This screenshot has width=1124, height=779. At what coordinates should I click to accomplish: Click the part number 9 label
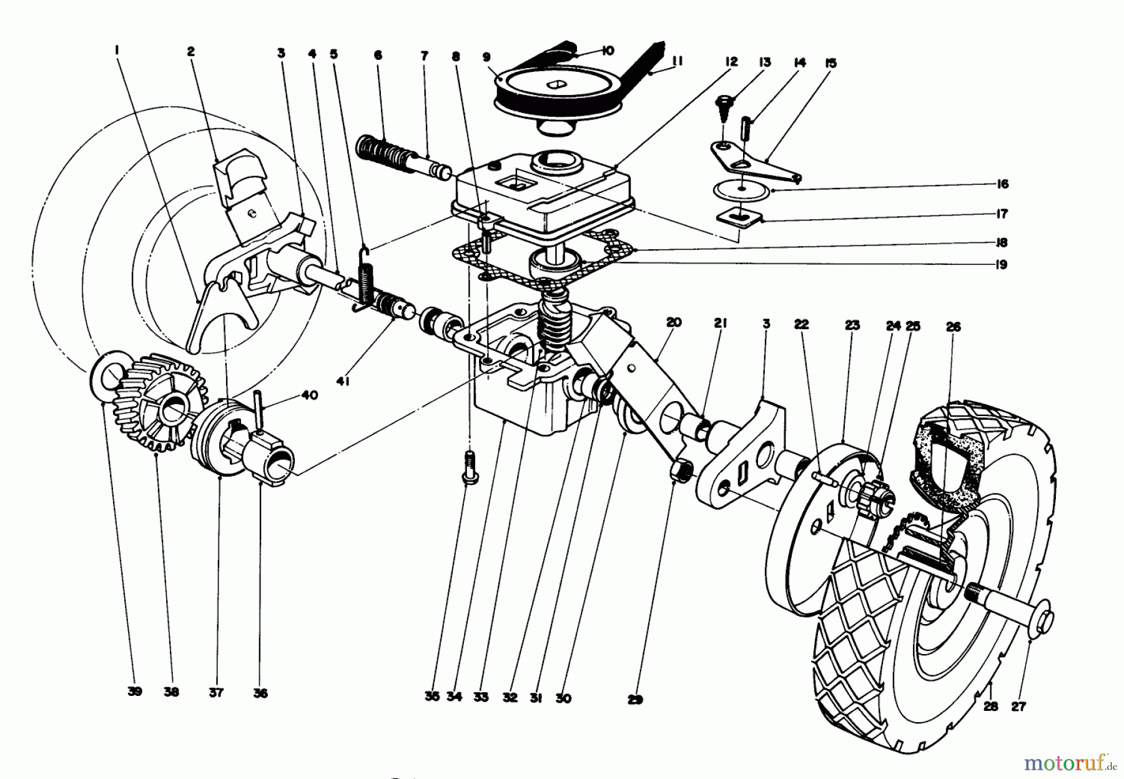(486, 56)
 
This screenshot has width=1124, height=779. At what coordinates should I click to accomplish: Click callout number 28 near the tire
(990, 707)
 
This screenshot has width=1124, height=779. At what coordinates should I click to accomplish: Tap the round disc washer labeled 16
(741, 190)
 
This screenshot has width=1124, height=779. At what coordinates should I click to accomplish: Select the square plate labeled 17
(741, 217)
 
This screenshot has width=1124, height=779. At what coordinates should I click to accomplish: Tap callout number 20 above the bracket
(673, 323)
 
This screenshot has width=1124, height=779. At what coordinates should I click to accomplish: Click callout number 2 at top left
(190, 52)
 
